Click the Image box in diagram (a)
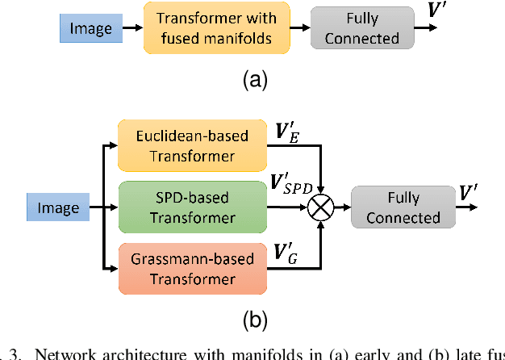coord(91,29)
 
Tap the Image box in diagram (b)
coord(59,208)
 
